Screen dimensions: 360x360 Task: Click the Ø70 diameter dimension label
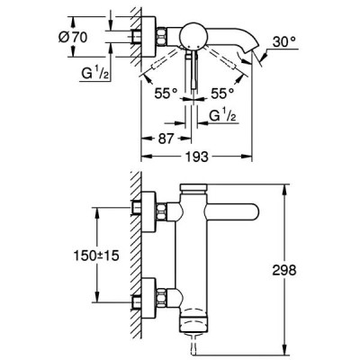(73, 37)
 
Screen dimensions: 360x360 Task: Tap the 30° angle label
(284, 42)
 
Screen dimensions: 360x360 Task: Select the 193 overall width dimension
(196, 157)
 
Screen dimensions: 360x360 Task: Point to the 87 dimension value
(166, 139)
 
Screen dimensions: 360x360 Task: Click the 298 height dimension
(284, 270)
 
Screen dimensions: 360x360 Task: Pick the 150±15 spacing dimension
(96, 256)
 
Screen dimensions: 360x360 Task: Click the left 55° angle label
(166, 94)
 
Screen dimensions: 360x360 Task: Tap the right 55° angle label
(222, 94)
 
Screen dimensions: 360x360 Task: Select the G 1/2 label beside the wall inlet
(95, 73)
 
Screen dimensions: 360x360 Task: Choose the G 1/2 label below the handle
(222, 115)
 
